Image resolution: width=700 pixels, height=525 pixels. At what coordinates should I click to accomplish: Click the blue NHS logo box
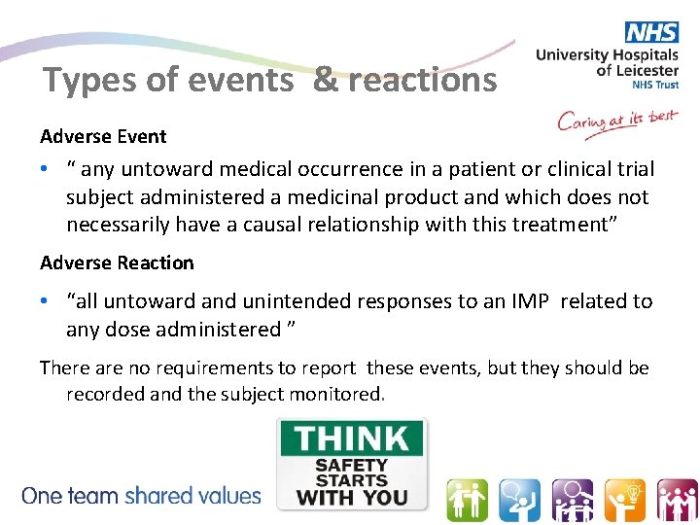coord(652,32)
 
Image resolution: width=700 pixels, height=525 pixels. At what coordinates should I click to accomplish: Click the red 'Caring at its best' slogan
coord(616,122)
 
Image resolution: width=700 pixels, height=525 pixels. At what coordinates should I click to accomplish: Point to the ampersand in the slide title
coord(325,81)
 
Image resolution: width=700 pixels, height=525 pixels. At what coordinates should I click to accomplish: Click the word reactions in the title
coord(422,81)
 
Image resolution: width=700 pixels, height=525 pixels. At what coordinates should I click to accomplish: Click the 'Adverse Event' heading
coord(103,137)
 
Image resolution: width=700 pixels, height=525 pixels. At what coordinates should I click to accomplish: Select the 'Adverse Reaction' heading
coord(117,263)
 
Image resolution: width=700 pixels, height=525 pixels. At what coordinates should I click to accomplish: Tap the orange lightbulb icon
coord(624,501)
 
